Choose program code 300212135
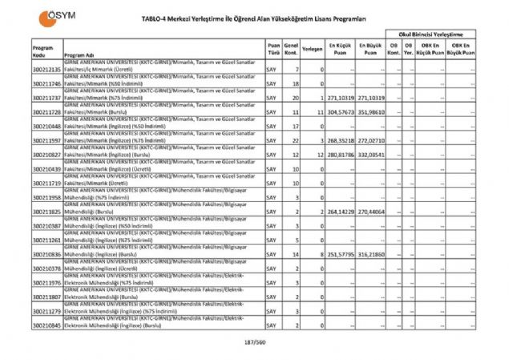click(x=47, y=70)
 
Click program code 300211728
click(x=47, y=113)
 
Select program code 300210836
click(x=47, y=253)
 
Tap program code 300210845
click(x=47, y=326)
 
